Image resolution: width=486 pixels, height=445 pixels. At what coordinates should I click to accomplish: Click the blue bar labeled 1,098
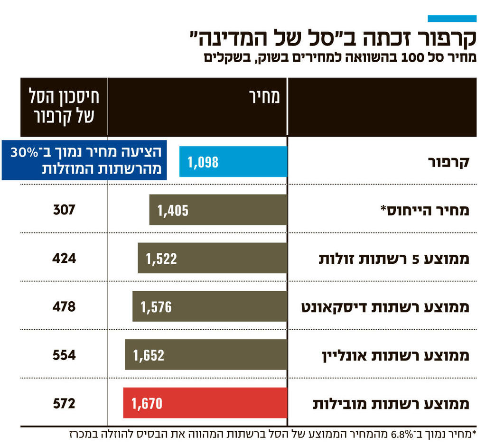[233, 162]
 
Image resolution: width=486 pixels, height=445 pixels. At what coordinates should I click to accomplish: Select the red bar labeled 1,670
[205, 403]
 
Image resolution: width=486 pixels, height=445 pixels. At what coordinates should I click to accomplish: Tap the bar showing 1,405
[218, 210]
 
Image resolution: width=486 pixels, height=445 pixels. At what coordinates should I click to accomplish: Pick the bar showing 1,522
[212, 258]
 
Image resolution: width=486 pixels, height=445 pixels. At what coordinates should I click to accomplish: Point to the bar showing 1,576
[209, 306]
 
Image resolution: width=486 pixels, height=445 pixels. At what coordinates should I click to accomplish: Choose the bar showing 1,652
[206, 354]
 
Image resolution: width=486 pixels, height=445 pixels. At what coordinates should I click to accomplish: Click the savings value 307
[64, 210]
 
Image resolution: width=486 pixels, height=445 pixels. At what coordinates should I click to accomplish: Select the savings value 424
[64, 258]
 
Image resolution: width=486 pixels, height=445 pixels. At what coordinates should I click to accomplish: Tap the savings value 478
[64, 306]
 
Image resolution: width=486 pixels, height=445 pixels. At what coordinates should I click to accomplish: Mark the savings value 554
[64, 354]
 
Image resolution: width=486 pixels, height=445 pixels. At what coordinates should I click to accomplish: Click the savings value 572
[64, 403]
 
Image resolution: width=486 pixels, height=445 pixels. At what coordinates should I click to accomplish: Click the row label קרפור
[448, 162]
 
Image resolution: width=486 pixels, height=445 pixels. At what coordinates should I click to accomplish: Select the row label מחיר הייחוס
[425, 210]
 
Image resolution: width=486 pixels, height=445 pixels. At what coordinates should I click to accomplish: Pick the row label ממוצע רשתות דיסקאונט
[385, 307]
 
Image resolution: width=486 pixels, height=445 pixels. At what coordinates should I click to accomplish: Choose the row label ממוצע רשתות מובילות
[391, 404]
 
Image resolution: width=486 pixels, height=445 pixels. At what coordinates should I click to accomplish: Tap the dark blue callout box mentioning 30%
[84, 160]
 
